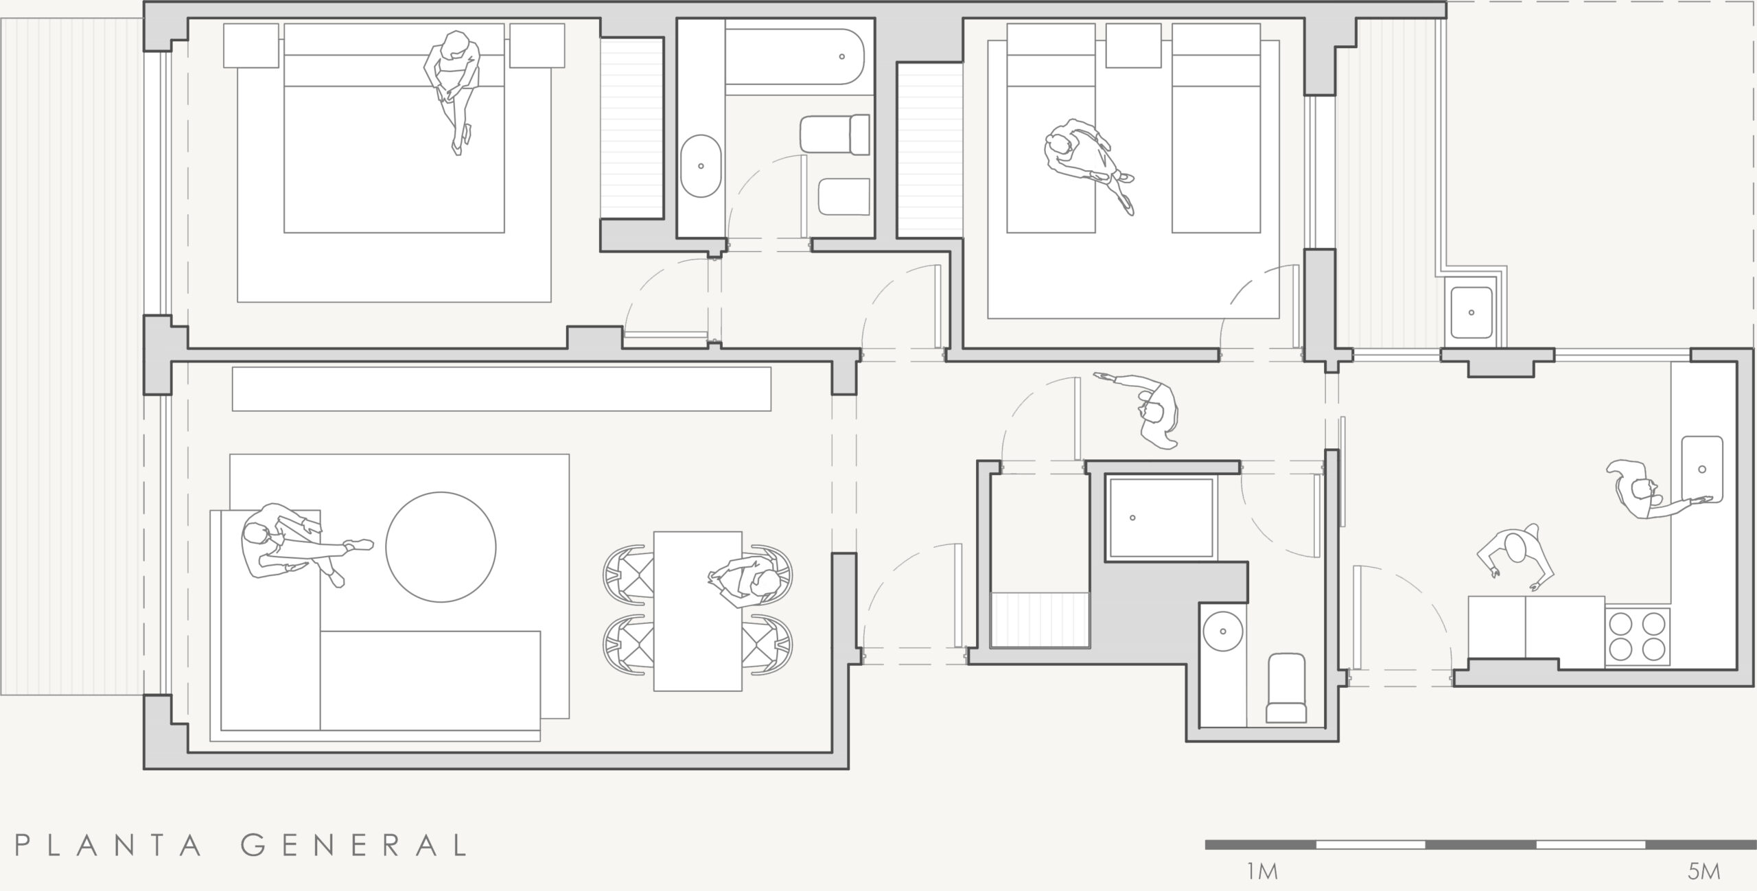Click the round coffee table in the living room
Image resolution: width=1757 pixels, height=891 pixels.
[441, 547]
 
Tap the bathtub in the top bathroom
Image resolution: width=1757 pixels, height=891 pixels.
[794, 56]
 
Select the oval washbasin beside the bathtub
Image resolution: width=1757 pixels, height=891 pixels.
[701, 166]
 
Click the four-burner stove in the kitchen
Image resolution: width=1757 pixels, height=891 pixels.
[1637, 636]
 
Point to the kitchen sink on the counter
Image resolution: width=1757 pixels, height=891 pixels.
[1702, 469]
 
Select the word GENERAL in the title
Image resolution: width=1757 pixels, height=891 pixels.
[354, 845]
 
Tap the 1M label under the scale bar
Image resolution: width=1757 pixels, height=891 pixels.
[1261, 872]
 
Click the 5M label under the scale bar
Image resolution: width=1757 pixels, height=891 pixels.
[1704, 872]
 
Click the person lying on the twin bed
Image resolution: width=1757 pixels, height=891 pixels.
[1088, 165]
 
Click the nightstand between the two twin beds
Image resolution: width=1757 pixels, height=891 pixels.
[1133, 45]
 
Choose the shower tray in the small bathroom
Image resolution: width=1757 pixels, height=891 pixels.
[1161, 518]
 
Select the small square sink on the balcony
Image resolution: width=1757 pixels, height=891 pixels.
[1471, 312]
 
